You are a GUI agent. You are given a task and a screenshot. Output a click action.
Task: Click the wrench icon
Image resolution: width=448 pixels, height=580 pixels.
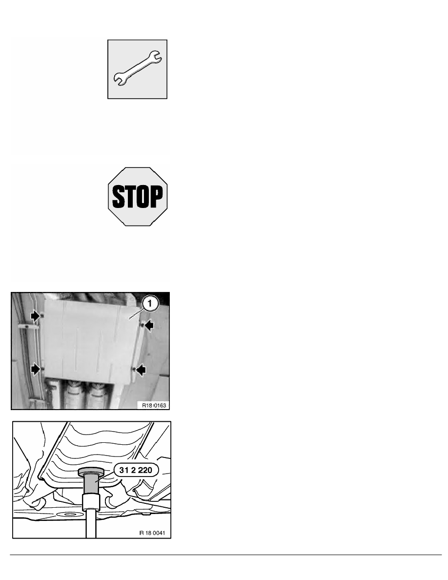click(137, 69)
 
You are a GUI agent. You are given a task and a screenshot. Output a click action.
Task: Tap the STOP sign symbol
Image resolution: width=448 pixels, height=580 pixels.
click(138, 196)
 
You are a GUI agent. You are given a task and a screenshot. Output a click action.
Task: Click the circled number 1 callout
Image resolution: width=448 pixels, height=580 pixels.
click(150, 303)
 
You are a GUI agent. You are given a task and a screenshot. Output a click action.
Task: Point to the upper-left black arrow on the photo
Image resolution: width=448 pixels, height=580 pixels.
click(36, 316)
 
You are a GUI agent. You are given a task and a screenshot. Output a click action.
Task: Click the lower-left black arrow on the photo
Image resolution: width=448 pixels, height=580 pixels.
click(36, 369)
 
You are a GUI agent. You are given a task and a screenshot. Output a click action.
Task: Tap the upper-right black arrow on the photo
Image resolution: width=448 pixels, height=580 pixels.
click(148, 326)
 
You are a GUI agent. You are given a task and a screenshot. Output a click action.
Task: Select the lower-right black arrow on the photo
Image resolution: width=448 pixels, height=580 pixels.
click(141, 370)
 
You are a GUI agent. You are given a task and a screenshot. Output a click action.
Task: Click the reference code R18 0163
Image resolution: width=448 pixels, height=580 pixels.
click(154, 405)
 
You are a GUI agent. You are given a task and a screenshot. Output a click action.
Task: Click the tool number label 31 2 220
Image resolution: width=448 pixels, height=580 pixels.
click(136, 470)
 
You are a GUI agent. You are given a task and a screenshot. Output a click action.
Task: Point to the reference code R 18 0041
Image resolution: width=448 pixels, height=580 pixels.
click(152, 533)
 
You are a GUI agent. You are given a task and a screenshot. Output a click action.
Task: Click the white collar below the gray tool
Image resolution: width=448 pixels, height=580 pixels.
click(91, 502)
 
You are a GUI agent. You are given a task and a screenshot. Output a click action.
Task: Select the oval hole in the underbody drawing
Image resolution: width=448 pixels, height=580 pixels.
click(68, 514)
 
